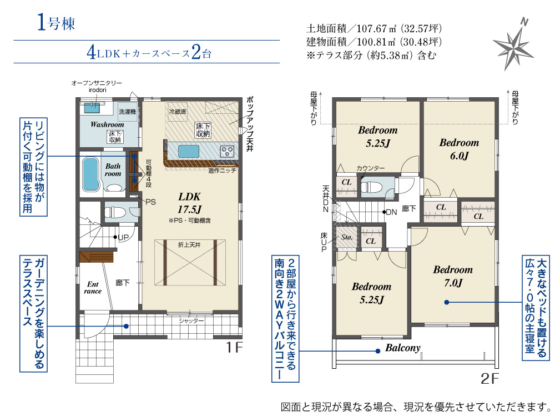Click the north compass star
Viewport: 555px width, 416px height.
513,46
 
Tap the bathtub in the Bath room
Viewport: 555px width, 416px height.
90,174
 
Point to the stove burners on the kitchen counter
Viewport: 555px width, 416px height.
227,151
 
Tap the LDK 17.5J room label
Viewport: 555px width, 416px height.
189,203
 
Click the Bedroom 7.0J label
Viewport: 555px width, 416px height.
453,276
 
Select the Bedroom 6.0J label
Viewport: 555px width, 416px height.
459,149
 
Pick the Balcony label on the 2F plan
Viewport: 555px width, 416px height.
403,348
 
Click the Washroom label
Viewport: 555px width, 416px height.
107,124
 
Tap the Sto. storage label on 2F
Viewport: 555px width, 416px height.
347,237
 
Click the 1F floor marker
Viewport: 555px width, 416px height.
234,348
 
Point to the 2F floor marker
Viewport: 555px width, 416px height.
490,379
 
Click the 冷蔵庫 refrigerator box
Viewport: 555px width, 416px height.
178,112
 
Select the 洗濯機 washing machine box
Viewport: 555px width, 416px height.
128,112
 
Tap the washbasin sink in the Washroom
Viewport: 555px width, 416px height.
93,107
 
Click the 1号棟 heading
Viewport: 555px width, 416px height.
56,23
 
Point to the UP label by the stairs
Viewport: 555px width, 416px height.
123,237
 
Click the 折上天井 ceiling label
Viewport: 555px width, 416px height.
189,245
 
